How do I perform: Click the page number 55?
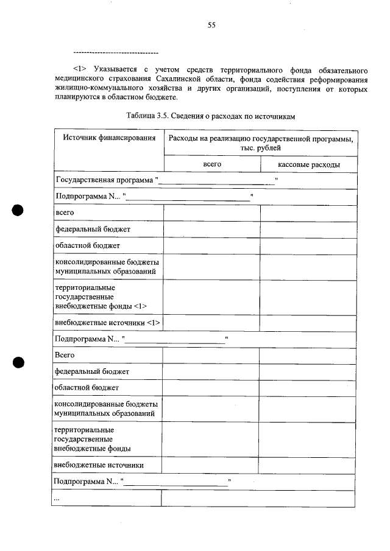(x=211, y=25)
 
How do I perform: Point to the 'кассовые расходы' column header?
(x=309, y=164)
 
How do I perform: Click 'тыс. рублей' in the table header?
(x=261, y=149)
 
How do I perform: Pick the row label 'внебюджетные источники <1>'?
(x=107, y=323)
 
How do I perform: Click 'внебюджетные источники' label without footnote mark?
(x=99, y=465)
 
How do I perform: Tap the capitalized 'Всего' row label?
(x=64, y=355)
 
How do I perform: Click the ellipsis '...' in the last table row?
(x=57, y=499)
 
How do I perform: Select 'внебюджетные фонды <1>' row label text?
(x=101, y=306)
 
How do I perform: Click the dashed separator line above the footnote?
(x=115, y=53)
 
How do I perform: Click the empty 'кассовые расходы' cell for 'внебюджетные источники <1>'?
(x=308, y=323)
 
